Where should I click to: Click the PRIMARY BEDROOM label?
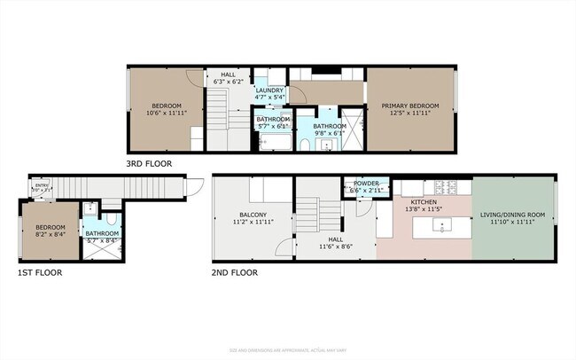pyautogui.click(x=410, y=106)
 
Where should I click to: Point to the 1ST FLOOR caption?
pyautogui.click(x=39, y=273)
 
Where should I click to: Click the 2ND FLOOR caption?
pyautogui.click(x=235, y=273)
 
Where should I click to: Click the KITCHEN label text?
pyautogui.click(x=422, y=201)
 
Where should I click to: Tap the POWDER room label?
pyautogui.click(x=366, y=184)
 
